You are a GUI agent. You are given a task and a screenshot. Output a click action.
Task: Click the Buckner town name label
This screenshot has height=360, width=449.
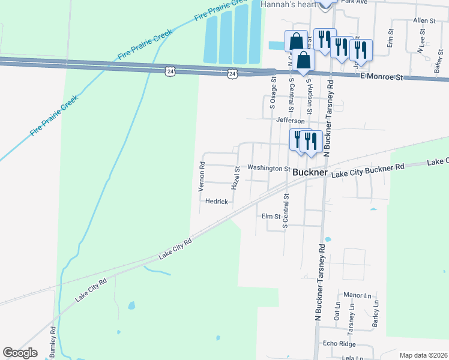click(311, 172)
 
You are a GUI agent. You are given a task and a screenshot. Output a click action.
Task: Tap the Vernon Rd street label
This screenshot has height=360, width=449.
click(202, 176)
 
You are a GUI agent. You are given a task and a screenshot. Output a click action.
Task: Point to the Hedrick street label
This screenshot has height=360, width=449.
click(217, 202)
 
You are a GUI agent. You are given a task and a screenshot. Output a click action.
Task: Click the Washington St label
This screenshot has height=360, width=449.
click(269, 169)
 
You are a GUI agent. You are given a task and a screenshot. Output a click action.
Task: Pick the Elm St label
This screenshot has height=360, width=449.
click(271, 216)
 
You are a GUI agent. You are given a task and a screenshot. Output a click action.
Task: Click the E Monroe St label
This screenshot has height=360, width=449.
click(381, 77)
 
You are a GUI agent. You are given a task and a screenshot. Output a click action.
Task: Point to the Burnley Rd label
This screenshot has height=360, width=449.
click(53, 341)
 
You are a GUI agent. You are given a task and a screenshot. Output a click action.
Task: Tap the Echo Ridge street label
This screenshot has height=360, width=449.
click(339, 344)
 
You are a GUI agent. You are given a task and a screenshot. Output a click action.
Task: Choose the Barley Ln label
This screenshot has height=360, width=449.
click(376, 312)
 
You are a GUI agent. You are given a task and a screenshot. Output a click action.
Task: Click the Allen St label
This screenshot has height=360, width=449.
click(424, 20)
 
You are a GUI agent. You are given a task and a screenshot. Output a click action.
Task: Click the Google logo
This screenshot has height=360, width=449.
click(20, 353)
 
